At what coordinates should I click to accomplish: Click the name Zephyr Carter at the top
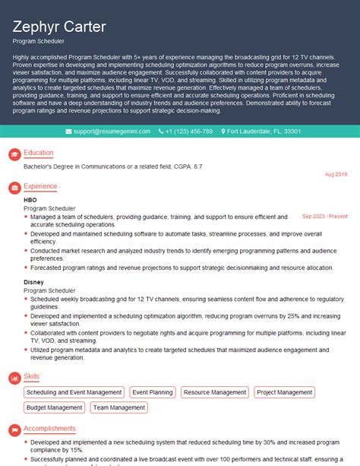tap(59, 28)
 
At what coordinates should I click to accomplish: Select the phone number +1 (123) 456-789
tap(188, 132)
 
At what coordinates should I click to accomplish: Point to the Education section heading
tap(39, 153)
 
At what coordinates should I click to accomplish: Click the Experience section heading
tap(40, 186)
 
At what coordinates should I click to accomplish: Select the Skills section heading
tap(33, 376)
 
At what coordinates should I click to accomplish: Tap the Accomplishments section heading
tap(50, 429)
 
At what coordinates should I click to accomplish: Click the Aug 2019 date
tap(336, 175)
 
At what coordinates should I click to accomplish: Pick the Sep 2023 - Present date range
tap(325, 216)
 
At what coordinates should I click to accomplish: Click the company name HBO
tap(30, 200)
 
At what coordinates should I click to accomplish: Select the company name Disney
tap(33, 282)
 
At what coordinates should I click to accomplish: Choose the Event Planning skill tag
tap(152, 392)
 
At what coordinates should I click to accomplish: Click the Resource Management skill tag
tap(215, 392)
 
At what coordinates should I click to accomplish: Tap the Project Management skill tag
tap(285, 392)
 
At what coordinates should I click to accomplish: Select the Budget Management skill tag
tap(54, 407)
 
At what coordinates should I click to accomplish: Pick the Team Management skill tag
tap(119, 407)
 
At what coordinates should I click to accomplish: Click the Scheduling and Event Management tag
tap(74, 392)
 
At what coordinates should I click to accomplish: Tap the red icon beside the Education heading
tap(14, 154)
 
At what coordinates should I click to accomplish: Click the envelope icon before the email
tap(69, 132)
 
